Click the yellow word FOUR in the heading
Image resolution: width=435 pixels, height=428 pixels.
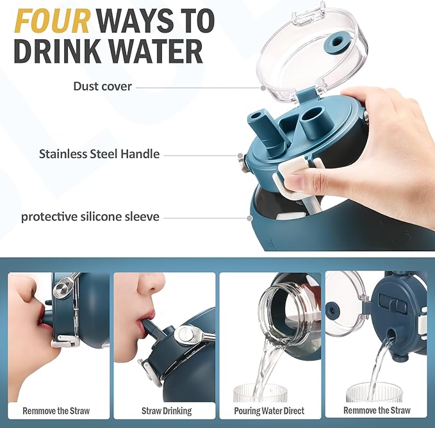pos(53,21)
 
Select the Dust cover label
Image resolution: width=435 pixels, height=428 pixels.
pos(103,86)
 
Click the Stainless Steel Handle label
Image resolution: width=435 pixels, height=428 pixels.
pos(99,154)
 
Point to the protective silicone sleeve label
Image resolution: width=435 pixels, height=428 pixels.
pos(90,217)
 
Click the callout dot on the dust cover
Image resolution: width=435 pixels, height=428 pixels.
pos(263,88)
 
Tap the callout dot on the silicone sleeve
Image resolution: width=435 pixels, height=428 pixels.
pos(249,218)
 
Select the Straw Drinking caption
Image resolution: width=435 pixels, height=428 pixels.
pos(167,411)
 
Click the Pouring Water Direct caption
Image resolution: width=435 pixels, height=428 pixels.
pos(269,411)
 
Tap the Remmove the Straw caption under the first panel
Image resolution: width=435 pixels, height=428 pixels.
pos(56,411)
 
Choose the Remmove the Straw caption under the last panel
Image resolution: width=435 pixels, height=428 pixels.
pos(377,410)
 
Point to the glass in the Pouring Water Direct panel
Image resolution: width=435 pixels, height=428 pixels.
pos(260,393)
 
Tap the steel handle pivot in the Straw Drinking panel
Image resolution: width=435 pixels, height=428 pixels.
pos(185,335)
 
